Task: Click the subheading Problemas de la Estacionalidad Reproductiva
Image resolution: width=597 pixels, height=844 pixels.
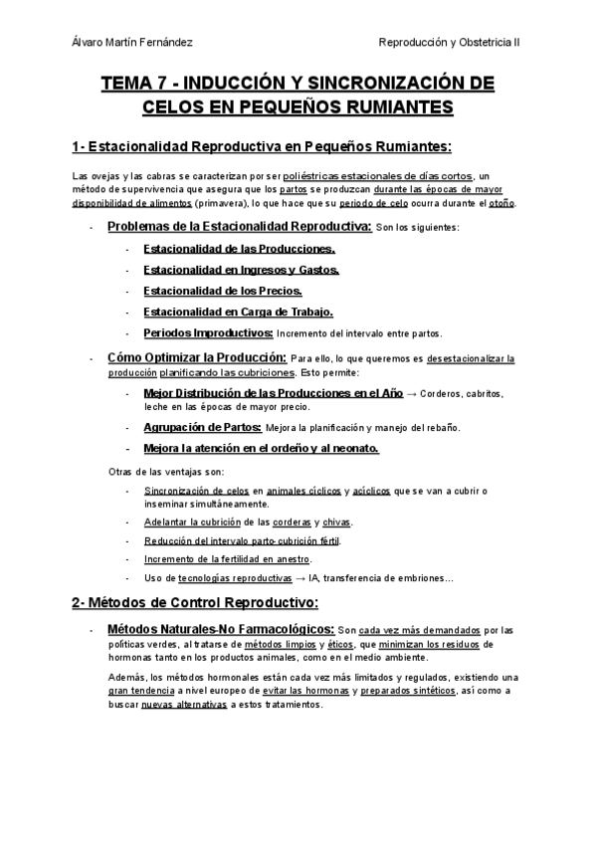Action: tap(239, 227)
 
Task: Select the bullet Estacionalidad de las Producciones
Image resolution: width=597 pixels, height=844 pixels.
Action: tap(239, 249)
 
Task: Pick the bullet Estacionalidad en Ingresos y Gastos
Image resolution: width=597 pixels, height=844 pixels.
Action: tap(241, 270)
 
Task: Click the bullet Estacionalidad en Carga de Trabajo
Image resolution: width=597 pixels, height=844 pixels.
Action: tap(243, 312)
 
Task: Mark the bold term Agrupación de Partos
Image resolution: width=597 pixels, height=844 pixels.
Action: tap(202, 427)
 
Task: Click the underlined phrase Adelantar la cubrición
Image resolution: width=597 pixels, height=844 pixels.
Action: tap(192, 522)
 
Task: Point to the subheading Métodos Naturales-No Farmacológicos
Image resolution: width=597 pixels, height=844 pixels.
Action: tap(220, 630)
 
